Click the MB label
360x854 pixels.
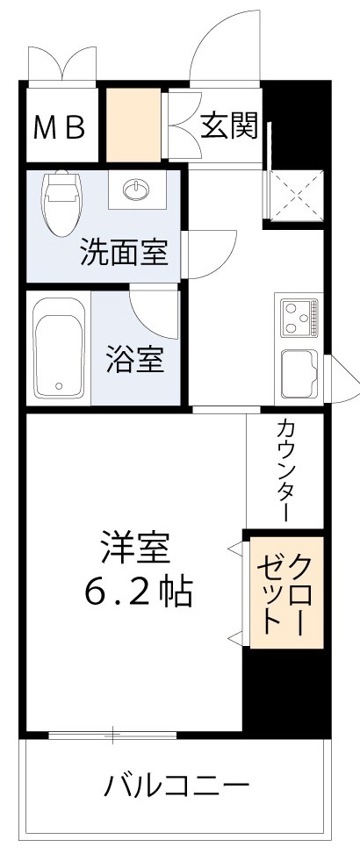click(60, 128)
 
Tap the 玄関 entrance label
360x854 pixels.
click(227, 126)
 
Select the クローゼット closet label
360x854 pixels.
click(284, 593)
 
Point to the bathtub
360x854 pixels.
click(58, 348)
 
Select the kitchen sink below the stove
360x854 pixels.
click(299, 373)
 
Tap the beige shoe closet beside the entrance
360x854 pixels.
click(134, 126)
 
